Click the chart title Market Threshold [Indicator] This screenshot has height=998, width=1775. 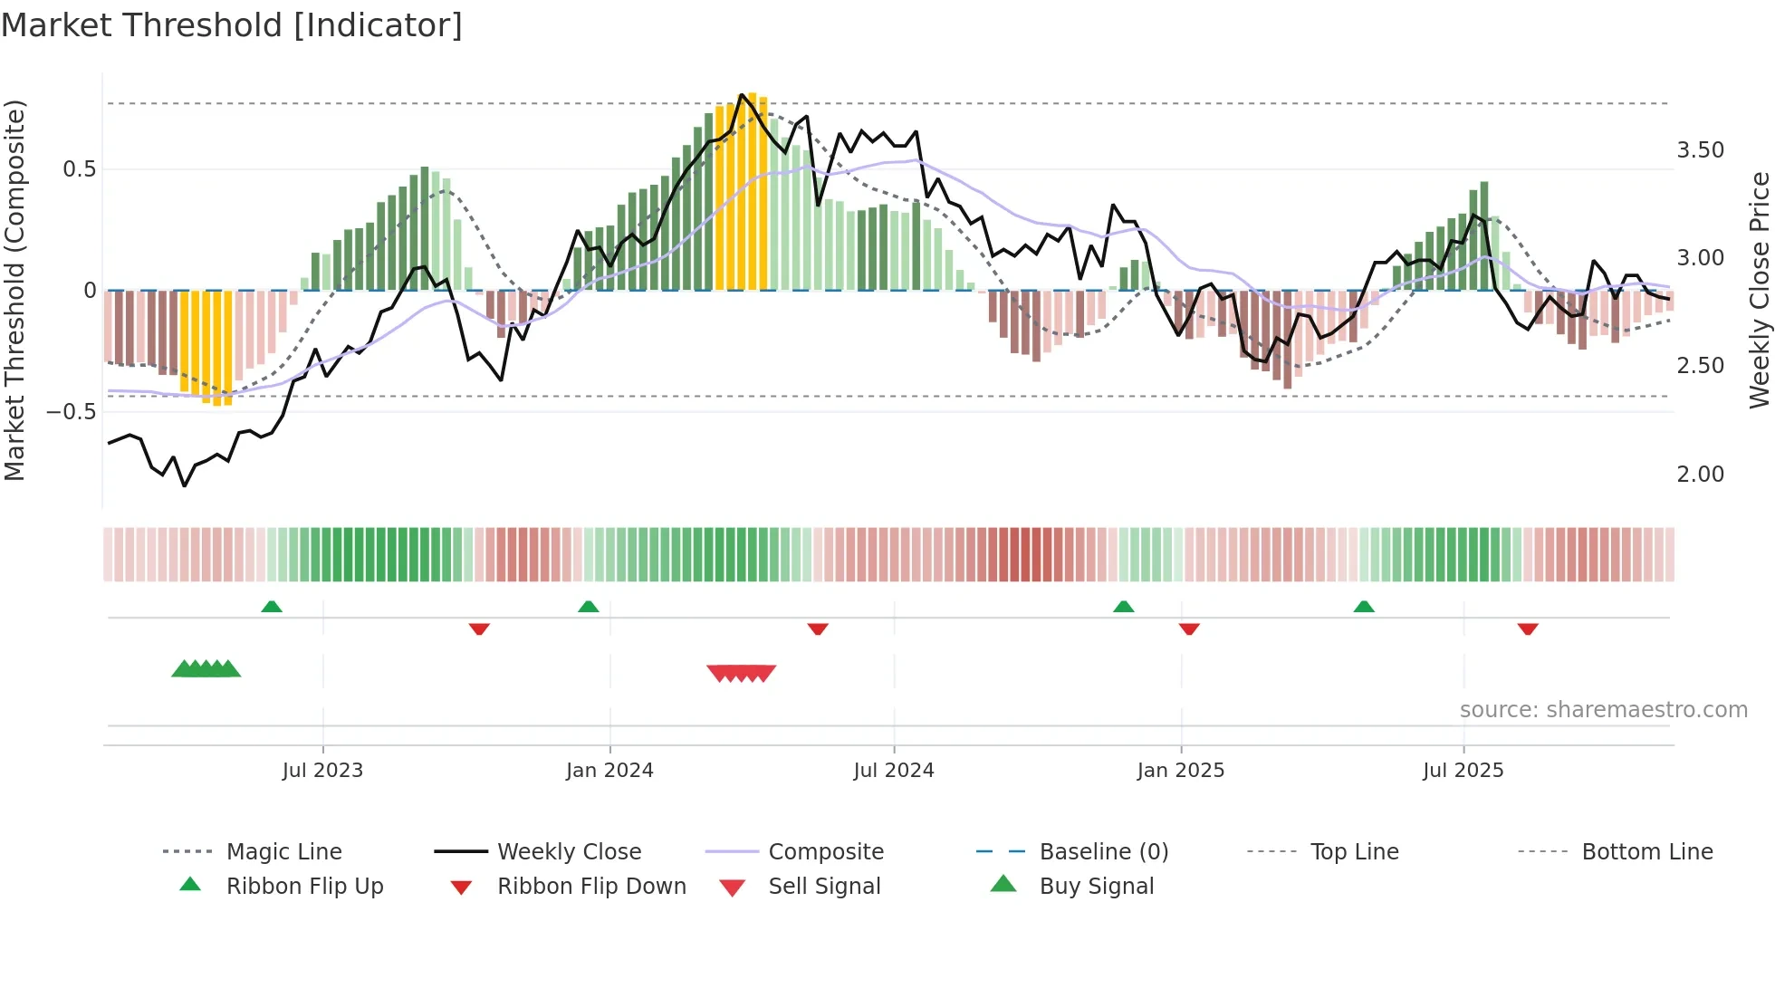coord(232,25)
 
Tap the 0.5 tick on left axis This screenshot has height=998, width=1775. coord(79,169)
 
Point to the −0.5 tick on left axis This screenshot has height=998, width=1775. coord(71,412)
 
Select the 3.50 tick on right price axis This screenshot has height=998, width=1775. coord(1700,150)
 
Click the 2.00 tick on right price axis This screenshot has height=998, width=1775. coord(1700,475)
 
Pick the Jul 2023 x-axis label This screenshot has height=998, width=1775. coord(322,771)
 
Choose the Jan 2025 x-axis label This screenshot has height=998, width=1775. coord(1180,771)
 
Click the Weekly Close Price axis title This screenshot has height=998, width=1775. coord(1759,290)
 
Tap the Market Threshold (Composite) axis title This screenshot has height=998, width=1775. coord(14,290)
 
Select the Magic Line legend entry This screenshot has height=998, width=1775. coord(283,852)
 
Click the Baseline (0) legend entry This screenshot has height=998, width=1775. coord(1103,852)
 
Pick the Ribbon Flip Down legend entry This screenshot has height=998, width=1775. coord(591,887)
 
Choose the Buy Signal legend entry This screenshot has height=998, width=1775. coord(1096,887)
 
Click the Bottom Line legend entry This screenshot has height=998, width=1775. coord(1646,852)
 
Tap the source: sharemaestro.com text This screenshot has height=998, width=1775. coord(1603,710)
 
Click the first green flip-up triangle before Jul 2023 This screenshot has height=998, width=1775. coord(272,607)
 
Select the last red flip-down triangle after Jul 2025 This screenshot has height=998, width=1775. coord(1528,629)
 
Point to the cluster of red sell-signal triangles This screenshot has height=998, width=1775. coord(742,673)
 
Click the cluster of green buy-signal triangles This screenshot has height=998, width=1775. coord(206,669)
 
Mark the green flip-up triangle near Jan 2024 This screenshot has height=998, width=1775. coord(589,607)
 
